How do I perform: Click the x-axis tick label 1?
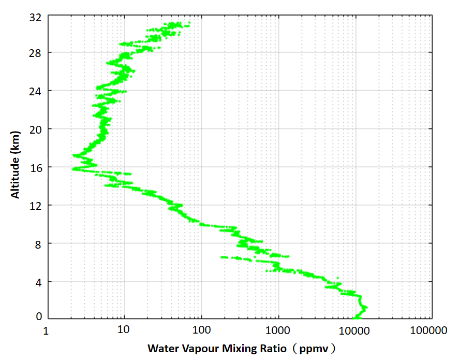[47, 330]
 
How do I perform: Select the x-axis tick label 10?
[123, 330]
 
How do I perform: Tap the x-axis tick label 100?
[201, 330]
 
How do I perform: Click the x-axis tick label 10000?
[355, 330]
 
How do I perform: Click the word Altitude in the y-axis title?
[16, 179]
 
